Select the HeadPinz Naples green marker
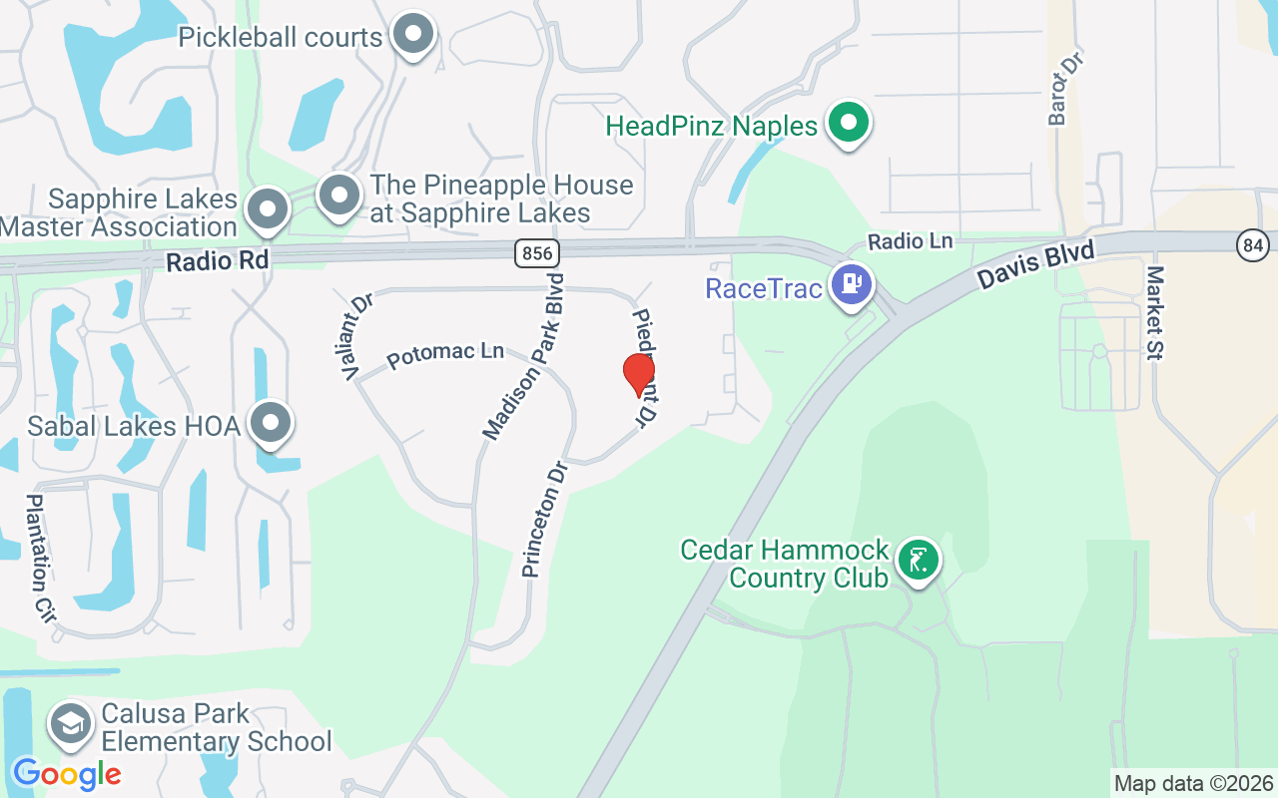[x=850, y=125]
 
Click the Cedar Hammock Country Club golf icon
[x=918, y=560]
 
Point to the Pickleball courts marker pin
[x=412, y=35]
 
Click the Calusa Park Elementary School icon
[x=71, y=726]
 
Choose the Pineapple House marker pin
[x=339, y=196]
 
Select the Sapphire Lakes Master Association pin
[x=267, y=209]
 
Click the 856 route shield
[x=537, y=253]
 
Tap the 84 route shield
[x=1252, y=243]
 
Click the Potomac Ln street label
[x=445, y=354]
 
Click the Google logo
[x=67, y=773]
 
